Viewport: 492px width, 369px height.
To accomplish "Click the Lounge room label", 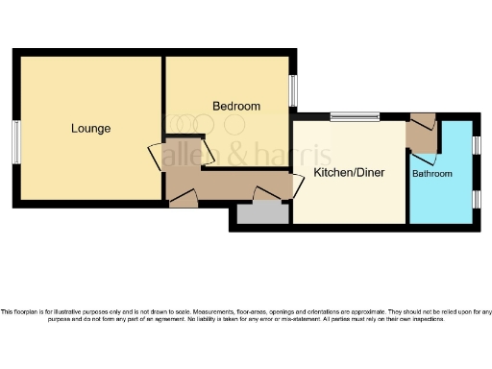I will (90, 128).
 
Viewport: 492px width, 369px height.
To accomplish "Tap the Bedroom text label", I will (235, 106).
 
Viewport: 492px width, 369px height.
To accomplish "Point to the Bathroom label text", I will (431, 174).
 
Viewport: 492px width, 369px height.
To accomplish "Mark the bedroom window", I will (294, 91).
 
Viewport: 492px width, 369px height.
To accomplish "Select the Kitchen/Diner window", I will (355, 117).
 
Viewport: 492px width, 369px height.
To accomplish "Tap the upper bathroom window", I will (476, 145).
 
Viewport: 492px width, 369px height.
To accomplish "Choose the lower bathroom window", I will (476, 198).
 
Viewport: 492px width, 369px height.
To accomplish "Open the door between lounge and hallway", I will (157, 158).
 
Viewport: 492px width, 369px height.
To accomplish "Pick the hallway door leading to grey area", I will (261, 195).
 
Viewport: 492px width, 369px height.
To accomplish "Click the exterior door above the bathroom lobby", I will (422, 122).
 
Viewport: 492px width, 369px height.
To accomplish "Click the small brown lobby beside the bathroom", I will (422, 137).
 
